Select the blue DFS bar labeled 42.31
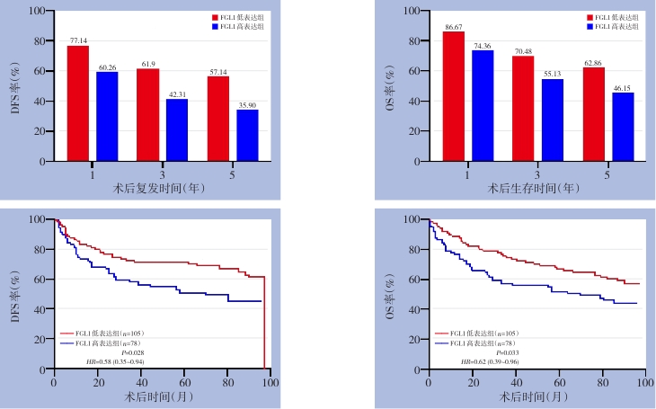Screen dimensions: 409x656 [x=177, y=129]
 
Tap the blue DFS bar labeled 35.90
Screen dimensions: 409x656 [x=247, y=135]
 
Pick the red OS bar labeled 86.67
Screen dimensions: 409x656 [x=454, y=96]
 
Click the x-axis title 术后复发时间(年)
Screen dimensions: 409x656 [x=163, y=188]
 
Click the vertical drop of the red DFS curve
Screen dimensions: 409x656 [x=265, y=324]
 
